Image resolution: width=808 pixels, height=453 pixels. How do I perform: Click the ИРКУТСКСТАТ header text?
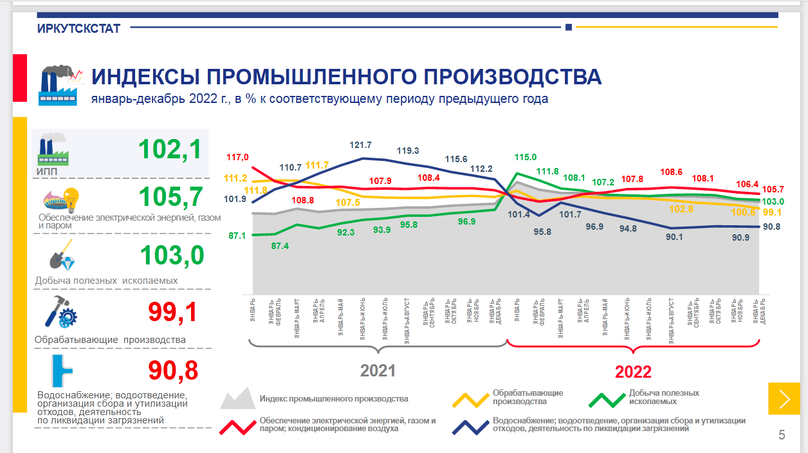pos(78,28)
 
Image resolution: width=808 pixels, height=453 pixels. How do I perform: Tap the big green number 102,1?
pos(170,149)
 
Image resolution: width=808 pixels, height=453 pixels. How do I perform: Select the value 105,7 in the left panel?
pos(170,198)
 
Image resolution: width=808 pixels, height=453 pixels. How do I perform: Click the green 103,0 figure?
pos(171,255)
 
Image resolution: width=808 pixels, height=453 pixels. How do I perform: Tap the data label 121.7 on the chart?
pos(360,145)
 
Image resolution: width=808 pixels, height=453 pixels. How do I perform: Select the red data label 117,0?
pos(237,157)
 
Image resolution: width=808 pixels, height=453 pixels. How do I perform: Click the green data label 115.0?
pos(526,157)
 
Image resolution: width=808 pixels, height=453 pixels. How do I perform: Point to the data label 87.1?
pos(237,236)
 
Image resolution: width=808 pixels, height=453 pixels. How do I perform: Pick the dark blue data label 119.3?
pos(407,151)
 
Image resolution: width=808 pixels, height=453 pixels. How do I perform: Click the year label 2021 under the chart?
pos(378,371)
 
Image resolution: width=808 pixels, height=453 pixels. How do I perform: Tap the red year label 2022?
pos(633,372)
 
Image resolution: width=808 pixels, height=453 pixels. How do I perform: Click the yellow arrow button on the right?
pos(784,399)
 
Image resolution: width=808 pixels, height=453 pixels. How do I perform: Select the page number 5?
pos(782,436)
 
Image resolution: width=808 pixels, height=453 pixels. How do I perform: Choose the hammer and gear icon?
pos(60,312)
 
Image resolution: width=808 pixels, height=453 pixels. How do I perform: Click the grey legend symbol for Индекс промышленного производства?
pos(237,399)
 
